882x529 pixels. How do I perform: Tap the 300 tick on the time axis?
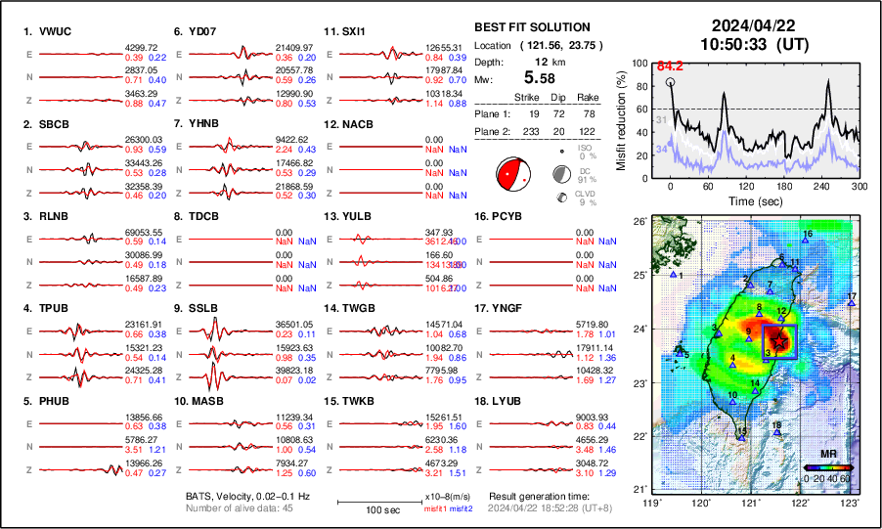tap(860, 186)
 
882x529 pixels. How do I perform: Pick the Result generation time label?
tap(535, 496)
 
